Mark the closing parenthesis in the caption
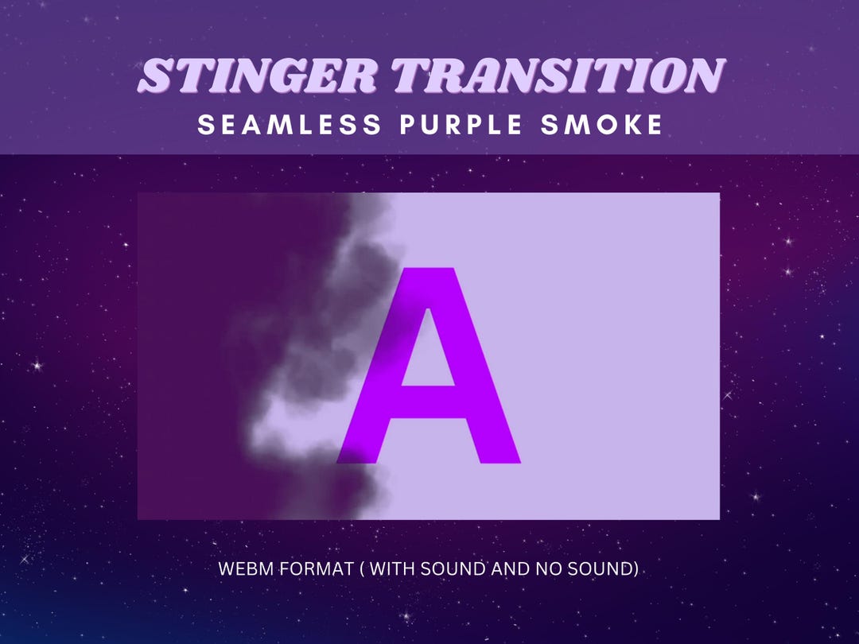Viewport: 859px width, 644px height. point(636,569)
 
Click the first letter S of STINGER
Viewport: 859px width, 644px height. point(154,76)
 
